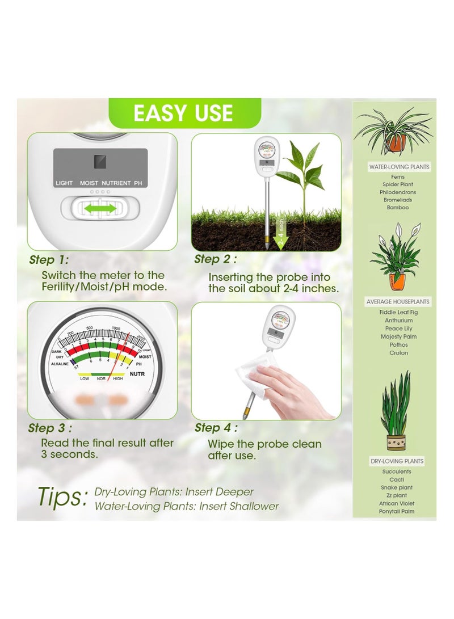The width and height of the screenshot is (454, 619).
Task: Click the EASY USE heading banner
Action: pyautogui.click(x=183, y=113)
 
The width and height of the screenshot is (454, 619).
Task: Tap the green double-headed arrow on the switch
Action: pyautogui.click(x=100, y=209)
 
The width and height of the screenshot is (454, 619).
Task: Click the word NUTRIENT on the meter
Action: pyautogui.click(x=116, y=183)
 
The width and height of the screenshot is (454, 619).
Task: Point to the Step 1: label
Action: pyautogui.click(x=48, y=260)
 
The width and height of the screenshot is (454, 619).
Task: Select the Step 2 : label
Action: pyautogui.click(x=216, y=259)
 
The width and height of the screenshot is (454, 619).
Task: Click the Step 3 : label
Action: pyautogui.click(x=50, y=428)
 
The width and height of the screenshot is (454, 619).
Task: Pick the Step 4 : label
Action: pyautogui.click(x=216, y=428)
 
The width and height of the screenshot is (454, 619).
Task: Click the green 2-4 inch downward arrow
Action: pyautogui.click(x=280, y=233)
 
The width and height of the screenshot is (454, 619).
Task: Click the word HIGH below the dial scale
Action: pyautogui.click(x=118, y=378)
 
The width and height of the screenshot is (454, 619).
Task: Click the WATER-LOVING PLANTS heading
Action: pyautogui.click(x=400, y=167)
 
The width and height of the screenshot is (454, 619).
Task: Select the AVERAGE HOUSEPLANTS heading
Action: pyautogui.click(x=398, y=301)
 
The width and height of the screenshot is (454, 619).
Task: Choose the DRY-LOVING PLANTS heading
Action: pyautogui.click(x=397, y=461)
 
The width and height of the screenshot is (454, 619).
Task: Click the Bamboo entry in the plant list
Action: pyautogui.click(x=397, y=208)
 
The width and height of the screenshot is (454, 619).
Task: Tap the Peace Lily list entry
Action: pyautogui.click(x=398, y=329)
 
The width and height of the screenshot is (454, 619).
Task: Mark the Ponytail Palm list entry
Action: pyautogui.click(x=397, y=511)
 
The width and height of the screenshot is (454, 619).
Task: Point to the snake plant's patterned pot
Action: pyautogui.click(x=396, y=442)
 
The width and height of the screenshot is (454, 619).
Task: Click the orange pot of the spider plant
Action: pyautogui.click(x=397, y=143)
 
